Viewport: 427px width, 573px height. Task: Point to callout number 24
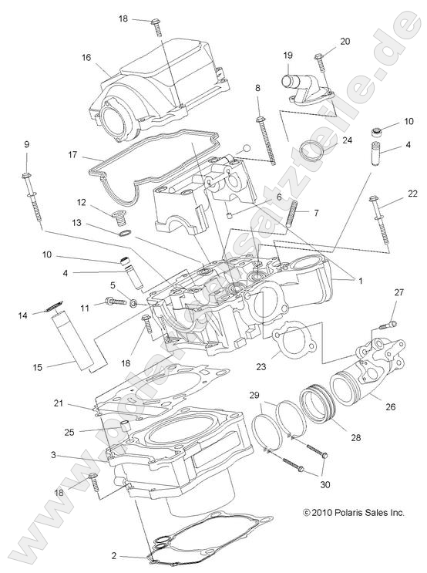(348, 140)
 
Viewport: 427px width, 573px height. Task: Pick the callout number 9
(26, 144)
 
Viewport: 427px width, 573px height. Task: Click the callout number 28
(334, 437)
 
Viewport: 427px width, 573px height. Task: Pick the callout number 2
(114, 555)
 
